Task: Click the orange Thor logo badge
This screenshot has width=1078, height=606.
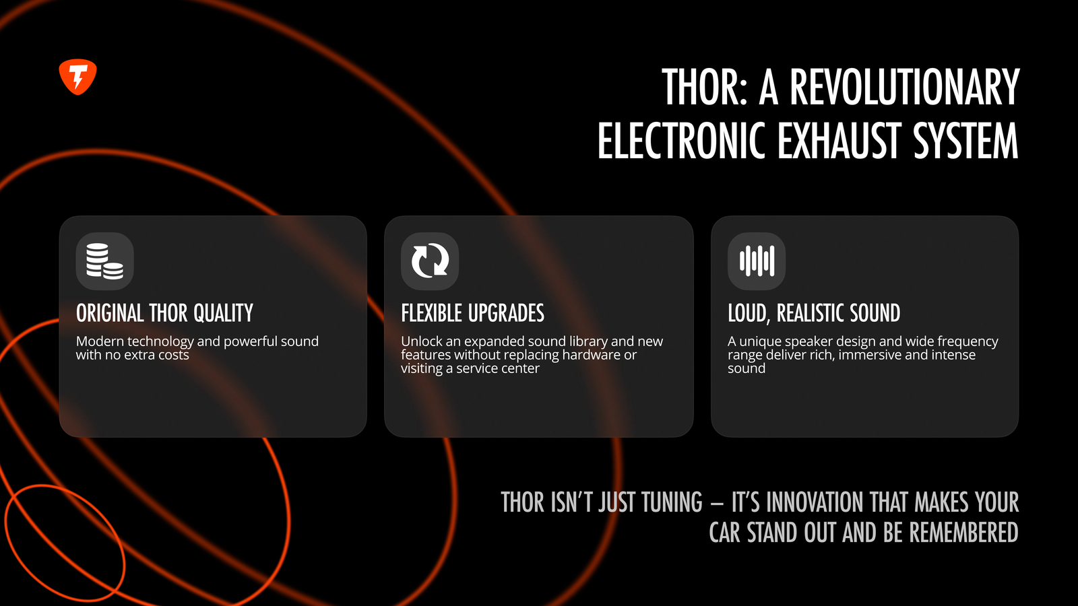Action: click(77, 77)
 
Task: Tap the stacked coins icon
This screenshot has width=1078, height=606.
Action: click(104, 261)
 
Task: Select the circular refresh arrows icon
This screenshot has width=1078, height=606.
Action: click(430, 261)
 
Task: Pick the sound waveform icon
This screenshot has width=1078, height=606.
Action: click(757, 261)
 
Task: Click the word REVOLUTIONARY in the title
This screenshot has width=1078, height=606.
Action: click(904, 87)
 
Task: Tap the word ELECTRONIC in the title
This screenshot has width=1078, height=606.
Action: click(681, 140)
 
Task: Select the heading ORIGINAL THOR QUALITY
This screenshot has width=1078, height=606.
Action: click(164, 313)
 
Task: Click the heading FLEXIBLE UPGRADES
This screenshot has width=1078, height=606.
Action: click(472, 313)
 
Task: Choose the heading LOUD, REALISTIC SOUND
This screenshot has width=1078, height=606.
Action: click(814, 313)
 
